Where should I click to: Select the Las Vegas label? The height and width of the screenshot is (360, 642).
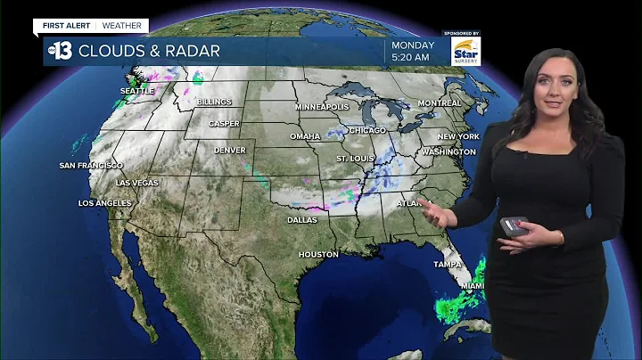tap(137, 183)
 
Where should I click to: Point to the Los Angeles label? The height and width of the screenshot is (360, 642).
tap(105, 203)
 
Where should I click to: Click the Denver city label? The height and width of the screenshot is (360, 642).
tap(229, 150)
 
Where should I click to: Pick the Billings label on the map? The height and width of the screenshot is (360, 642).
tap(214, 102)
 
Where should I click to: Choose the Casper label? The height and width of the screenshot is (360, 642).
tap(224, 124)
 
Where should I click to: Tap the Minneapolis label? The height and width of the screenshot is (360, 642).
tap(322, 107)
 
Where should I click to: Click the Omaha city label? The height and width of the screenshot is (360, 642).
tap(305, 136)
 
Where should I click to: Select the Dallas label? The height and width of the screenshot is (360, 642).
tap(302, 219)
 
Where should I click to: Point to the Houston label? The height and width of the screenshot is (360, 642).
tap(318, 254)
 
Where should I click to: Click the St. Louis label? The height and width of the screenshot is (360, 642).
tap(354, 159)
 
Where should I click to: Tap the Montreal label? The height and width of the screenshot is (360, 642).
tap(440, 103)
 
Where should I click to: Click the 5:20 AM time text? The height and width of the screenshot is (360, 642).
tap(412, 58)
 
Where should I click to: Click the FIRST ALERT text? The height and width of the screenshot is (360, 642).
tap(67, 26)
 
